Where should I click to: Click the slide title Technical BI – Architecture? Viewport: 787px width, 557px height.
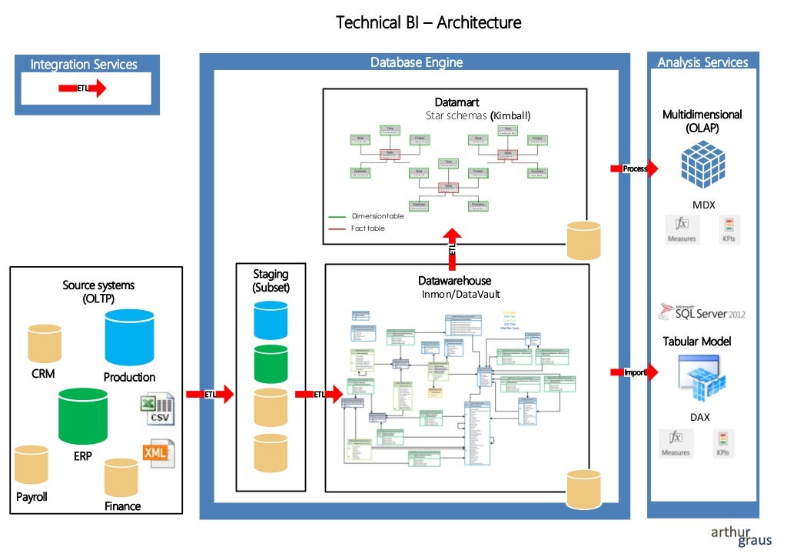pyautogui.click(x=428, y=22)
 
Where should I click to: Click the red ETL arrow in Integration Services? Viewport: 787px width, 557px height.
pyautogui.click(x=82, y=88)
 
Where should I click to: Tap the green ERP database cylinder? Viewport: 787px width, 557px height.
pyautogui.click(x=83, y=415)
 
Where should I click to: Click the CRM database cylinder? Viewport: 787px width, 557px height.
pyautogui.click(x=44, y=344)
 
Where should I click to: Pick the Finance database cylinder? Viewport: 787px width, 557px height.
pyautogui.click(x=121, y=478)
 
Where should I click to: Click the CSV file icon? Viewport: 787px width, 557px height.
pyautogui.click(x=157, y=409)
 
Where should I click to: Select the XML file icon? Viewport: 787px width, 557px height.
pyautogui.click(x=158, y=453)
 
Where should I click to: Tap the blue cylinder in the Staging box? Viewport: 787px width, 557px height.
pyautogui.click(x=271, y=319)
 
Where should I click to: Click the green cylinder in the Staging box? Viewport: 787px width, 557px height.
pyautogui.click(x=271, y=364)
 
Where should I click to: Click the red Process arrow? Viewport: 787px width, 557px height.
pyautogui.click(x=633, y=168)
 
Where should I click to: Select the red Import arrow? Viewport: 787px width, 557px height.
pyautogui.click(x=634, y=372)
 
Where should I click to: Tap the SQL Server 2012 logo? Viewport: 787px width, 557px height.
pyautogui.click(x=701, y=312)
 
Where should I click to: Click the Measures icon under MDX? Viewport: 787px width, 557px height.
pyautogui.click(x=681, y=228)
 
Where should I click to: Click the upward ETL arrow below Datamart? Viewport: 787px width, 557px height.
pyautogui.click(x=453, y=245)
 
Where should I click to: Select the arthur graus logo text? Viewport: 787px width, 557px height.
pyautogui.click(x=740, y=536)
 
